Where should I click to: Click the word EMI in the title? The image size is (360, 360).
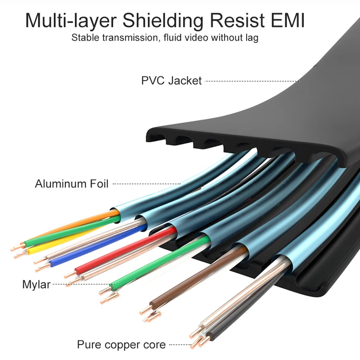click(x=288, y=20)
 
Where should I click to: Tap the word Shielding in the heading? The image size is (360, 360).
click(x=163, y=21)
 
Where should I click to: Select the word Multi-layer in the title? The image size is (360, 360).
click(x=71, y=21)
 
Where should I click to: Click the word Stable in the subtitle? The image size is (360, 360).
click(x=86, y=37)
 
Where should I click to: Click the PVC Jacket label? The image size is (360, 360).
click(x=171, y=81)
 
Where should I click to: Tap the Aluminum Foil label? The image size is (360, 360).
click(x=72, y=184)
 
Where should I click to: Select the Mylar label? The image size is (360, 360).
click(x=36, y=284)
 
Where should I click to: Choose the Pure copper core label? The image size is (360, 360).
click(x=121, y=345)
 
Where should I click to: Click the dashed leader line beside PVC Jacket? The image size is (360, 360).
click(x=252, y=81)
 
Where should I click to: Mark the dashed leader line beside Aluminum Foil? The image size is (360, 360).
click(x=147, y=184)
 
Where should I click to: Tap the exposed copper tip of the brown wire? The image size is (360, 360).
click(x=145, y=310)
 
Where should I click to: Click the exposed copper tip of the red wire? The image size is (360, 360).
click(x=70, y=274)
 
